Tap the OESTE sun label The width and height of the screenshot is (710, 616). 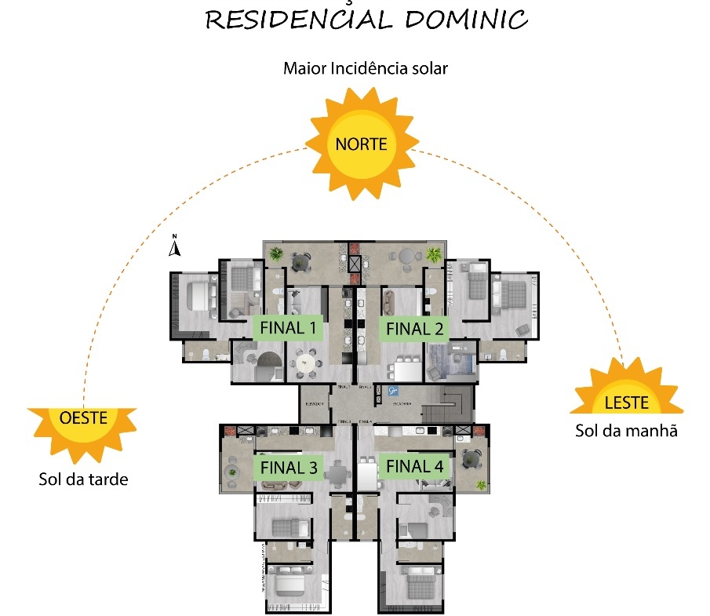82,418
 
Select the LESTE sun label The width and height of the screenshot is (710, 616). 627,403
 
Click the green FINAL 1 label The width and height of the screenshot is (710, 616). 286,327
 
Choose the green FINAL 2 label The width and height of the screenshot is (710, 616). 414,329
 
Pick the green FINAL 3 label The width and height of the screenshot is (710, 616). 289,467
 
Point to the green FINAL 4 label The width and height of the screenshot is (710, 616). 414,466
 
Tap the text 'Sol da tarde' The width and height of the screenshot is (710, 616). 82,479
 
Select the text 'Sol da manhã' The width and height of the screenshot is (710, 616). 626,430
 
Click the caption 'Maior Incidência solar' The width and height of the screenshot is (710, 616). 365,68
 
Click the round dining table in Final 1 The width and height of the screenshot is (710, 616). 304,362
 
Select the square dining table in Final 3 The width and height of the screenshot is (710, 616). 338,473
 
